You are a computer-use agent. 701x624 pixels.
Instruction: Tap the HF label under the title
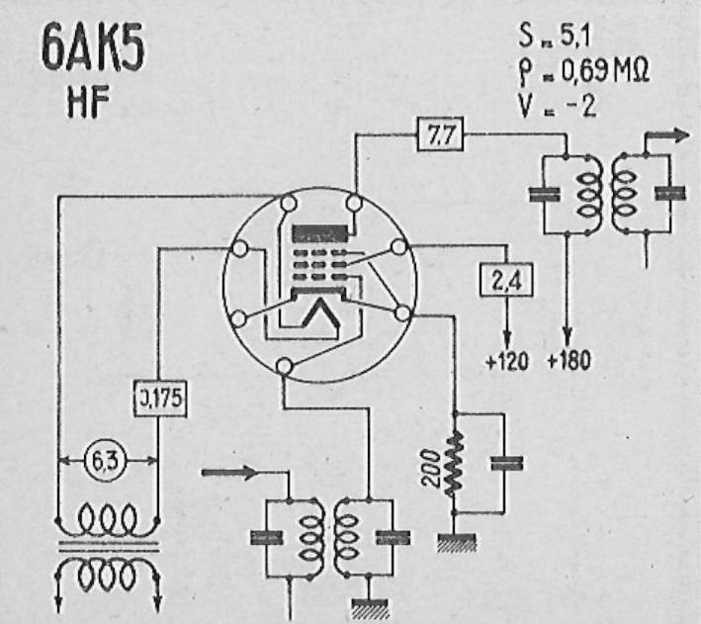88,103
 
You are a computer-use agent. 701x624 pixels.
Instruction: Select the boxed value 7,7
440,134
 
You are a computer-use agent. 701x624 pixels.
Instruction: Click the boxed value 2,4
506,280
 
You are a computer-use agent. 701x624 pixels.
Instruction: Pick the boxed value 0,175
160,399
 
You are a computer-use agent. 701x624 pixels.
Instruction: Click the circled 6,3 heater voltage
106,460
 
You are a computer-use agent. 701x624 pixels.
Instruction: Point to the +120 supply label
506,361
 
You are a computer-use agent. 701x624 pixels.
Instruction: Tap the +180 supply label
569,360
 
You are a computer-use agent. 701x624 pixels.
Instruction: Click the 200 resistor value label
431,468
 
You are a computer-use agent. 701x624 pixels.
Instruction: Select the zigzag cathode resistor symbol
454,464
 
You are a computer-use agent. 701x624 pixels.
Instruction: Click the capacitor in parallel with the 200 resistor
506,464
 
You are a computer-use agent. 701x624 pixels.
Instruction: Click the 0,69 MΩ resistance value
604,70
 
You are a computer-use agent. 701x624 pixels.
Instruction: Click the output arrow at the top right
666,135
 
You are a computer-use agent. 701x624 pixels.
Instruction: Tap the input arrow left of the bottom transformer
229,473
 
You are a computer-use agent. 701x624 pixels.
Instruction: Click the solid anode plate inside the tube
319,233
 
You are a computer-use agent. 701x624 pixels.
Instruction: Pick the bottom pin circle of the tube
284,366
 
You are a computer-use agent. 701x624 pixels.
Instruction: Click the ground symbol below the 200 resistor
456,543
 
